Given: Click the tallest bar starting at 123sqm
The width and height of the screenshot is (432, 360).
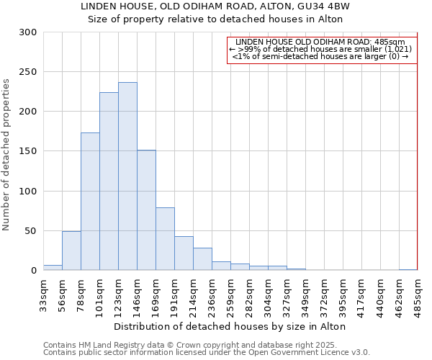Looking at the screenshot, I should click(127, 176).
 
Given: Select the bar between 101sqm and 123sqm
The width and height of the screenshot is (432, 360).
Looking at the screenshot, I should click(109, 181).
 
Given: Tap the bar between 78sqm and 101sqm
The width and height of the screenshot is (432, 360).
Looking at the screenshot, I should click(90, 202).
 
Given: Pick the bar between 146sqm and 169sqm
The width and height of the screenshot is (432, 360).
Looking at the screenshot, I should click(146, 210).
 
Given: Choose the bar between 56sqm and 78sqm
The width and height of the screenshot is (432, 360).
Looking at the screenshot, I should click(71, 251).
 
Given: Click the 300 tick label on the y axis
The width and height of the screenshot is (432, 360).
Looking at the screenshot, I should click(29, 32).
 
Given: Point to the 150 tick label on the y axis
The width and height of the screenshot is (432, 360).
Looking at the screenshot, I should click(29, 151).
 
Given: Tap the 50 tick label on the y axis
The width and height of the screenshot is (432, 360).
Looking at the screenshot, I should click(31, 231).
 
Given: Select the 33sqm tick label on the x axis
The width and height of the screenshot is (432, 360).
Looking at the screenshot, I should click(44, 294).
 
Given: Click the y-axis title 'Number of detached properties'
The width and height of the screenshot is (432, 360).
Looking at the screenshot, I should click(6, 155).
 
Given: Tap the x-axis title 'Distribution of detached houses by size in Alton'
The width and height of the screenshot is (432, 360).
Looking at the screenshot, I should click(230, 327).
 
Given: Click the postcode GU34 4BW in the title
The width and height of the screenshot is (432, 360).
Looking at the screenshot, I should click(330, 6).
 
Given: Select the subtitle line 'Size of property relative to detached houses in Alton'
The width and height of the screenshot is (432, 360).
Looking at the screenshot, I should click(215, 19).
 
